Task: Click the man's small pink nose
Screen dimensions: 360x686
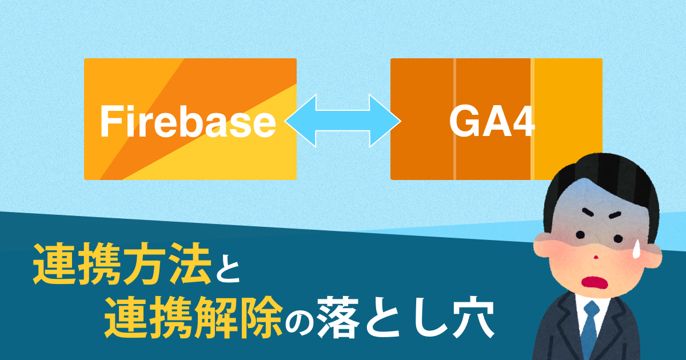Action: click(x=596, y=257)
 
